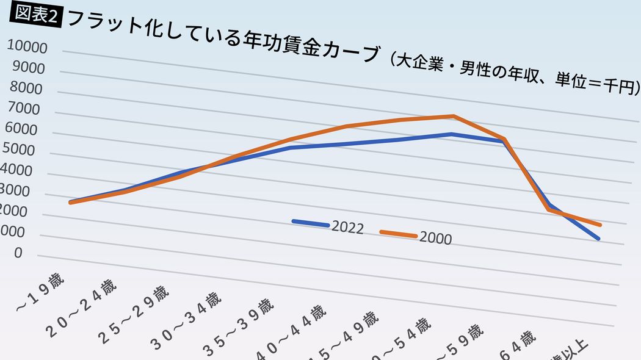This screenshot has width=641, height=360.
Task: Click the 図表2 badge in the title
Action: pos(35,15)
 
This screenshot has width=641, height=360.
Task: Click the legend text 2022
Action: pos(347,228)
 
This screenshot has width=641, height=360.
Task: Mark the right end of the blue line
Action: pos(599,239)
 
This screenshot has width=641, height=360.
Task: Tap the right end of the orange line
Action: pos(601,225)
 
